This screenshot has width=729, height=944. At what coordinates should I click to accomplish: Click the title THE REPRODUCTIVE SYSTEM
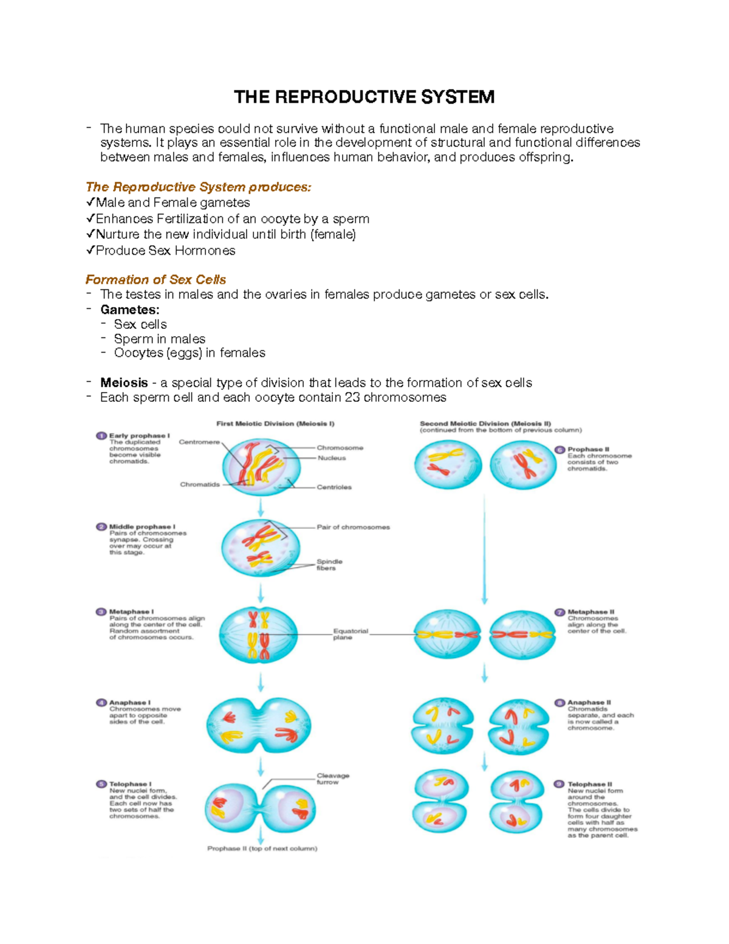click(364, 97)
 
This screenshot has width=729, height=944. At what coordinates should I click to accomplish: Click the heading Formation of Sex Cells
click(156, 280)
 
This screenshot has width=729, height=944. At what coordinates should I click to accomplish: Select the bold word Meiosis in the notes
click(124, 383)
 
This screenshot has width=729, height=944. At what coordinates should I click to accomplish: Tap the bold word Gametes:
click(130, 309)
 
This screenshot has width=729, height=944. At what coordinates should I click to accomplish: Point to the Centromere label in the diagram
click(199, 442)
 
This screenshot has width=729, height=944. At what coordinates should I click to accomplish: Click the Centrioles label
click(334, 487)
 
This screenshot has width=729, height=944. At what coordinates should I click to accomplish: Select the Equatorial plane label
click(350, 634)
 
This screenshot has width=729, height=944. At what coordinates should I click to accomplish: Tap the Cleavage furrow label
click(332, 779)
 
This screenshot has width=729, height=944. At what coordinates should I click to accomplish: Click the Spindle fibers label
click(329, 565)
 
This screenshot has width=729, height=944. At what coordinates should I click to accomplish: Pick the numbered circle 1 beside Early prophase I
click(101, 435)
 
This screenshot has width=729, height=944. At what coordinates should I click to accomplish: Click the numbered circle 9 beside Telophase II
click(560, 784)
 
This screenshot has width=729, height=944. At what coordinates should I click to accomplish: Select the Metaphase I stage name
click(131, 612)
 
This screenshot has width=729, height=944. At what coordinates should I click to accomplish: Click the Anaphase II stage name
click(589, 702)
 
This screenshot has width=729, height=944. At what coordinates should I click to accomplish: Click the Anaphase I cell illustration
click(259, 725)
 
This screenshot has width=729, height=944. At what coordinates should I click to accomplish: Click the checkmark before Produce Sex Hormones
click(90, 250)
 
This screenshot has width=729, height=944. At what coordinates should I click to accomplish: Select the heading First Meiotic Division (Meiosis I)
click(275, 424)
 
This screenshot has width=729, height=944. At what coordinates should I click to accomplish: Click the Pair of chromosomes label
click(353, 527)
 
